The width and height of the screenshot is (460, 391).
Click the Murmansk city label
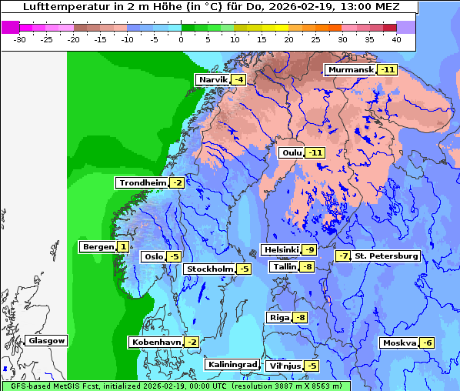pos(351,70)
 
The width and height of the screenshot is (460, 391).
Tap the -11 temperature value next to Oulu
pos(315,152)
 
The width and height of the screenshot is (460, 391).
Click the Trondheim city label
pos(142,182)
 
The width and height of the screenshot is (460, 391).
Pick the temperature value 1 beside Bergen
pos(123,247)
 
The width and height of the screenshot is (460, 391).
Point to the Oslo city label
pos(153,256)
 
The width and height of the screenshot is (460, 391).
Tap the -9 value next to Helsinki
pos(309,249)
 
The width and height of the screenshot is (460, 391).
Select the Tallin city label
pos(284,267)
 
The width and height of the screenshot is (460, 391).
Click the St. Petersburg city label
pos(386,256)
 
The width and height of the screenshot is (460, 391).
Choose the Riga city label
pos(278,317)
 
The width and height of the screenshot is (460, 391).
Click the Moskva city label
pos(398,343)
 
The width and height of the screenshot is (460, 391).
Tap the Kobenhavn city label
pos(156,342)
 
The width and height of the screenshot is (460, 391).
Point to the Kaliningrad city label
pos(232,364)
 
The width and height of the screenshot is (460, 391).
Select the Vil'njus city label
pos(283,366)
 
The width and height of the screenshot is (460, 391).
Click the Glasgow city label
pos(46,340)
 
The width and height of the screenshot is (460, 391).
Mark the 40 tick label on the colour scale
pos(396,39)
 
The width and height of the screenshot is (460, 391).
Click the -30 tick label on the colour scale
pos(20,39)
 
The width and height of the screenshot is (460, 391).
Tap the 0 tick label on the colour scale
pos(181,39)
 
